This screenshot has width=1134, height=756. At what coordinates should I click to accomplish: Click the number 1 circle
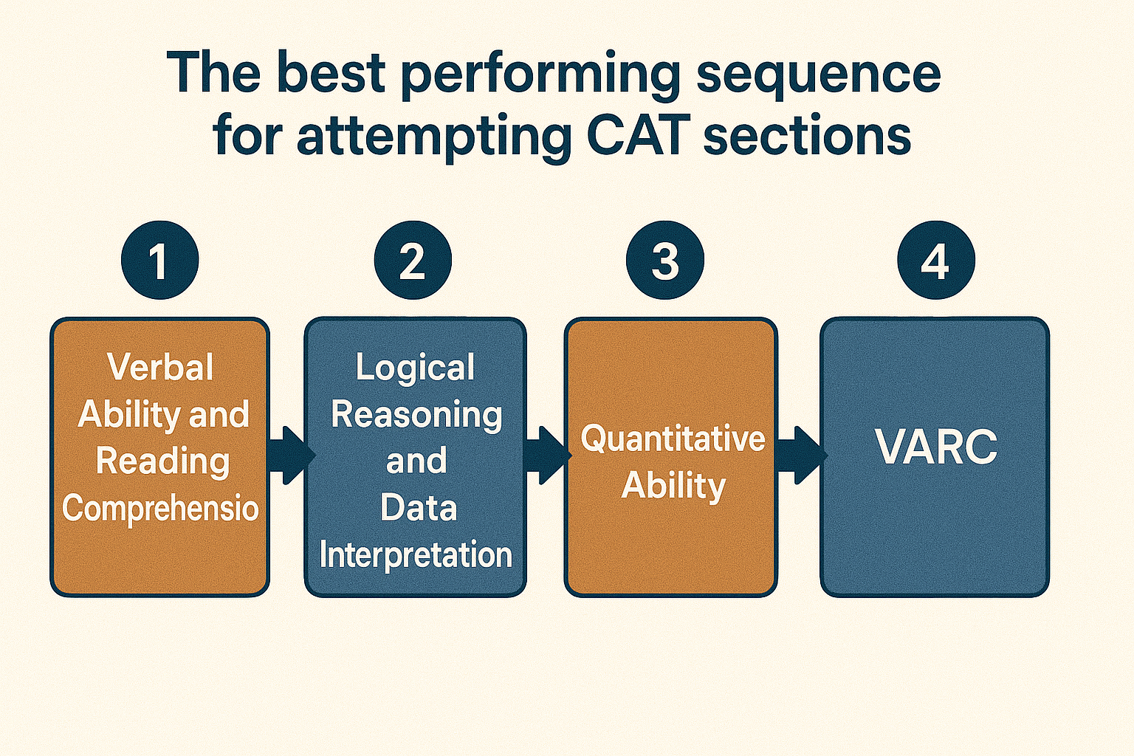click(x=159, y=260)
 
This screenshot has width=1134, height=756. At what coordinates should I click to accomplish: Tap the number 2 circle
click(x=413, y=260)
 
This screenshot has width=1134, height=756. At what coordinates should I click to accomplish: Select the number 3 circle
click(x=664, y=260)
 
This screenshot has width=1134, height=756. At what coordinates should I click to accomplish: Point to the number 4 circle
click(x=935, y=260)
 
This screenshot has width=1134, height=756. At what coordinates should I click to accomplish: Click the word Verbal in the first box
click(x=160, y=367)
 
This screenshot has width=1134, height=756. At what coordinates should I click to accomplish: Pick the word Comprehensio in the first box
click(x=160, y=509)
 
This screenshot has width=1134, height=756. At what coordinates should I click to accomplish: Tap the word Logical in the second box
click(x=415, y=368)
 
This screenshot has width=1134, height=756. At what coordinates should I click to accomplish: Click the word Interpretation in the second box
click(x=416, y=555)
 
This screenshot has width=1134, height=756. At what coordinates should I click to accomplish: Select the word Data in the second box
click(x=418, y=508)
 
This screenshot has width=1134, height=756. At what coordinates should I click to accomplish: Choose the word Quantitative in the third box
click(x=673, y=439)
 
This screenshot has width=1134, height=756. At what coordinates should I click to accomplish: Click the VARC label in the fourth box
click(x=935, y=447)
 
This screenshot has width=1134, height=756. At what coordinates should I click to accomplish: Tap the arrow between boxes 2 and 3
click(x=546, y=455)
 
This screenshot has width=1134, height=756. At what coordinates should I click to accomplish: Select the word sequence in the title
click(x=818, y=75)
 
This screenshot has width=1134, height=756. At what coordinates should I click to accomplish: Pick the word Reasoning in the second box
click(x=416, y=415)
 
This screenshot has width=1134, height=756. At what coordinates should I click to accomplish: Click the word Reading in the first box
click(x=162, y=461)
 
